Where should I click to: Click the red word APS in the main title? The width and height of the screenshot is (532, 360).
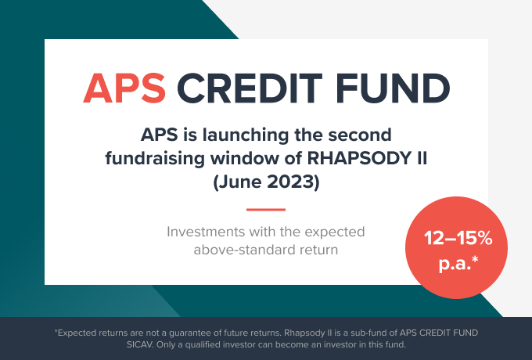[124, 88]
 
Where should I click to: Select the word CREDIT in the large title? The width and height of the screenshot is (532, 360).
[250, 88]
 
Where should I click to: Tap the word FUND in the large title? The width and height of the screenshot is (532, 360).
[393, 88]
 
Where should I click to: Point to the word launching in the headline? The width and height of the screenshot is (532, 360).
[246, 135]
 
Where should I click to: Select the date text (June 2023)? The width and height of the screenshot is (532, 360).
[266, 182]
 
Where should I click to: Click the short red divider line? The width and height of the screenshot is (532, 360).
[266, 210]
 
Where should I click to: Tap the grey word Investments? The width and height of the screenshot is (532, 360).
[206, 232]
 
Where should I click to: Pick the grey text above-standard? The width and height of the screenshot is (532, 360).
[239, 250]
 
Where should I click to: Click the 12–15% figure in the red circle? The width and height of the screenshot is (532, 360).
[458, 238]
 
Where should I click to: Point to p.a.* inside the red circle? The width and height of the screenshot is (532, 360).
[458, 263]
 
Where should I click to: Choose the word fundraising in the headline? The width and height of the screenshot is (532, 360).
[155, 159]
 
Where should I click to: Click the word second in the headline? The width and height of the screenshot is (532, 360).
[360, 135]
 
